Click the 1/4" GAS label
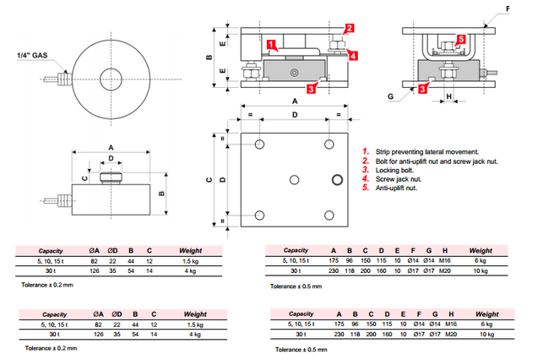click(x=29, y=57)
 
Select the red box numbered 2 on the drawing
click(x=350, y=28)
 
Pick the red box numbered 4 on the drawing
click(x=352, y=56)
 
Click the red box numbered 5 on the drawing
click(x=461, y=39)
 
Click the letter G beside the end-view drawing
click(x=389, y=97)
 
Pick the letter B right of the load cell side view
click(x=161, y=194)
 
